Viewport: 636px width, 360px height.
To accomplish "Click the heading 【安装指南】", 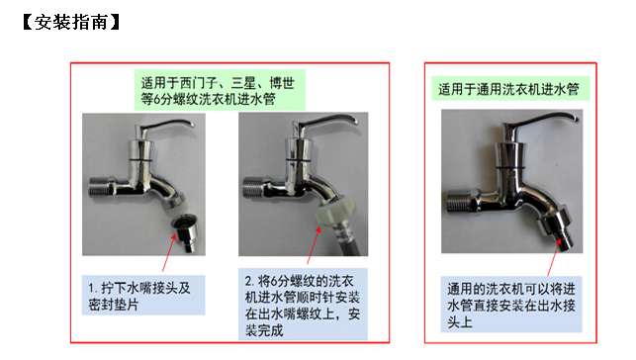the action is click(x=71, y=22).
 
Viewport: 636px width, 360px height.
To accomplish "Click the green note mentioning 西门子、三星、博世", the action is click(x=220, y=90).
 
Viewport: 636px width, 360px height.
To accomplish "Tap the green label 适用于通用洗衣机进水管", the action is click(x=510, y=89).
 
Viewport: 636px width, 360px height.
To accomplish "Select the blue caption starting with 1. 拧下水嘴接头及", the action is click(x=143, y=295).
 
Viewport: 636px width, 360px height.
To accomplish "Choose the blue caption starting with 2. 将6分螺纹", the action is click(x=303, y=304).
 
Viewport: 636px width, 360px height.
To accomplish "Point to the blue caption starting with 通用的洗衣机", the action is click(x=511, y=305).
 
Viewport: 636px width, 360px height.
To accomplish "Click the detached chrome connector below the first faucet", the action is click(x=186, y=232).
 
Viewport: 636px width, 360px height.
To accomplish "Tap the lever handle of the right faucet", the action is click(x=539, y=121).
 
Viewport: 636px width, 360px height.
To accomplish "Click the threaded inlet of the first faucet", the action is click(x=100, y=187).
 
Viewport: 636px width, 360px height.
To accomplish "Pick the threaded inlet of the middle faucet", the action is click(x=252, y=187).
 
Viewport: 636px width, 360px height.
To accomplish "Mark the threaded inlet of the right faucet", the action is click(x=458, y=201).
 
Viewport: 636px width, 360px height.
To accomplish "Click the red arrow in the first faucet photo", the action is click(x=169, y=252).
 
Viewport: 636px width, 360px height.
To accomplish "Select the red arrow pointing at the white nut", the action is click(x=314, y=245).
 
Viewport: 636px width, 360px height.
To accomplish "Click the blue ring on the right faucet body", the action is click(x=509, y=167).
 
